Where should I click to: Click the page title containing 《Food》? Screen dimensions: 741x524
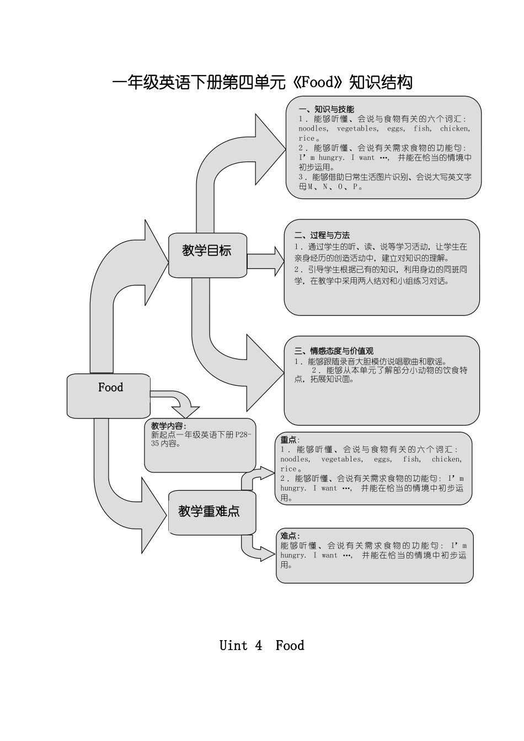[262, 83]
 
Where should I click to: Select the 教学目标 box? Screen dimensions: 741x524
[207, 254]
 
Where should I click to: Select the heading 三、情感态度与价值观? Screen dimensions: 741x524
[334, 351]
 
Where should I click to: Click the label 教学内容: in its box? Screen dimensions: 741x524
[168, 426]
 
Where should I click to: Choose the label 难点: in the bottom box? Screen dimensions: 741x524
[290, 536]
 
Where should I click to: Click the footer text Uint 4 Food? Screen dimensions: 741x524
[261, 645]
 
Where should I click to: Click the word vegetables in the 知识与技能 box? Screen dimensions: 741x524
[357, 128]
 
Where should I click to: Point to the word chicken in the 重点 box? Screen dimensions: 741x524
[446, 459]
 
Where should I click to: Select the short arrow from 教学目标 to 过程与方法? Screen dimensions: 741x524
[265, 261]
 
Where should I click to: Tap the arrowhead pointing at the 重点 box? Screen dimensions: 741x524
[266, 473]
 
